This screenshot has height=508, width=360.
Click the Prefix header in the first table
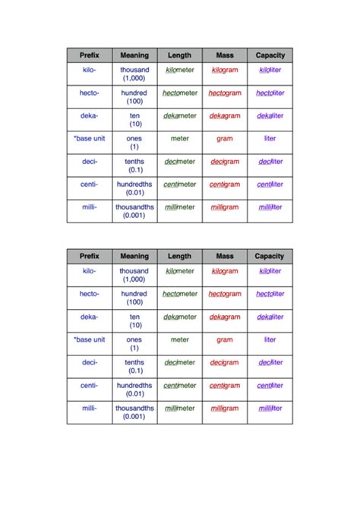pos(90,55)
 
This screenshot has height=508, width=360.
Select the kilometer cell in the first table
pos(180,70)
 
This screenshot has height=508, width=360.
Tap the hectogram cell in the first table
pos(225,93)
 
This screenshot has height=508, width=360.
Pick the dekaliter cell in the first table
pos(270,115)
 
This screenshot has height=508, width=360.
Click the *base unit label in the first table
pos(90,139)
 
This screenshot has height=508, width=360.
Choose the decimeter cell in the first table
pos(180,161)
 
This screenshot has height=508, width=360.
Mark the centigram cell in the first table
pos(225,184)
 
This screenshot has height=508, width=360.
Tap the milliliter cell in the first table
pos(270,207)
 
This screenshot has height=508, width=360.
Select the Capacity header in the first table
pos(270,55)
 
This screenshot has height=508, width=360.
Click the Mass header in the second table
pos(225,257)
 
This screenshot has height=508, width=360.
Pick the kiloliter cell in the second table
pos(270,271)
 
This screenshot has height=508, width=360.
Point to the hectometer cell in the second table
pos(180,294)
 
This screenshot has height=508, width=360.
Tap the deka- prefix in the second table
pos(90,317)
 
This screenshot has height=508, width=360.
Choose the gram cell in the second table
pos(225,340)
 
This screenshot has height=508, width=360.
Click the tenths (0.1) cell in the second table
pos(134,366)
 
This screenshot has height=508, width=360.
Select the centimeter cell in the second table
pos(180,385)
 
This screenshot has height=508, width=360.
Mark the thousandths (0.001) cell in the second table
pos(134,412)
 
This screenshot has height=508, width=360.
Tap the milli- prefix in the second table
pos(90,408)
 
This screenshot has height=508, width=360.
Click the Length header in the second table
pos(180,257)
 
